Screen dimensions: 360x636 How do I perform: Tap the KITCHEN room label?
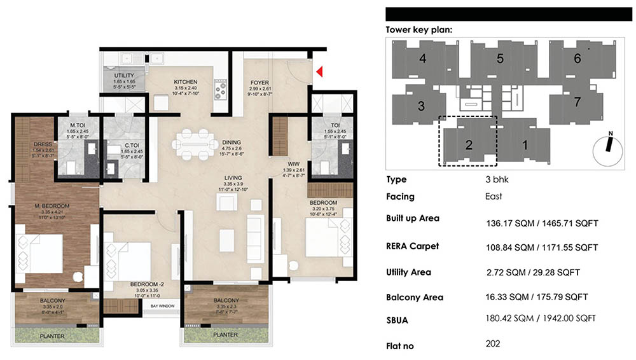185,82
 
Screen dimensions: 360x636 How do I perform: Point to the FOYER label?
259,82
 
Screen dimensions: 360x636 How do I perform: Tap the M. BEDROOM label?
52,205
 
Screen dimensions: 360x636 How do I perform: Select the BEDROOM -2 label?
144,284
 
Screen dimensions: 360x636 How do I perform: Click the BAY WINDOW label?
163,306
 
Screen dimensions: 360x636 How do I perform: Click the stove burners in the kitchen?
221,89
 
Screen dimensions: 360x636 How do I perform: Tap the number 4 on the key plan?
423,59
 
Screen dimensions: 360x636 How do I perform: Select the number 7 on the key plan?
577,102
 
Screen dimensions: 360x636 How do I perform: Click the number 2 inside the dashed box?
468,144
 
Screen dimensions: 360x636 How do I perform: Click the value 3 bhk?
497,179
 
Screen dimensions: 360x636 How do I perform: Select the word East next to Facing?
494,197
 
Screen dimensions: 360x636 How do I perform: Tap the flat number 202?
492,344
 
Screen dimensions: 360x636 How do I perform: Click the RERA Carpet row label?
412,246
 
